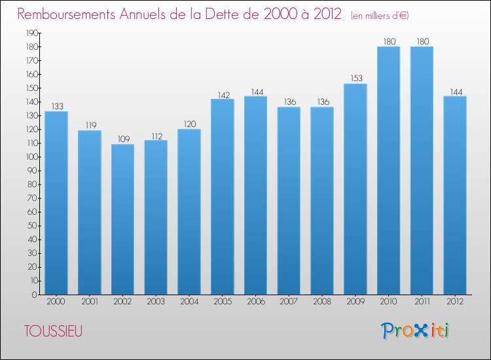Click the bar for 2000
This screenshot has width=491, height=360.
pyautogui.click(x=56, y=203)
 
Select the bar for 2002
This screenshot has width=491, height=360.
pyautogui.click(x=122, y=219)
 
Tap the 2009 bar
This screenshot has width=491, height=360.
pyautogui.click(x=355, y=189)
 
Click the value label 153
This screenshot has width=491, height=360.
pyautogui.click(x=355, y=79)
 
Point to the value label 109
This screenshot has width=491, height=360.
pyautogui.click(x=122, y=139)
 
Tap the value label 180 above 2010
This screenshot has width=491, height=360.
pyautogui.click(x=388, y=41)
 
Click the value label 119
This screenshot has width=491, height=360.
pyautogui.click(x=89, y=125)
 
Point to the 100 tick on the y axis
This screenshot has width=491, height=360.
pyautogui.click(x=29, y=157)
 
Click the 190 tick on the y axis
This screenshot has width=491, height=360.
pyautogui.click(x=29, y=33)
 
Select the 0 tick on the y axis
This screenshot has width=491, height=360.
pyautogui.click(x=33, y=295)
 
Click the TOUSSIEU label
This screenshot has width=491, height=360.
pyautogui.click(x=54, y=331)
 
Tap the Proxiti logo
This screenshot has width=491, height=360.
pyautogui.click(x=415, y=331)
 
